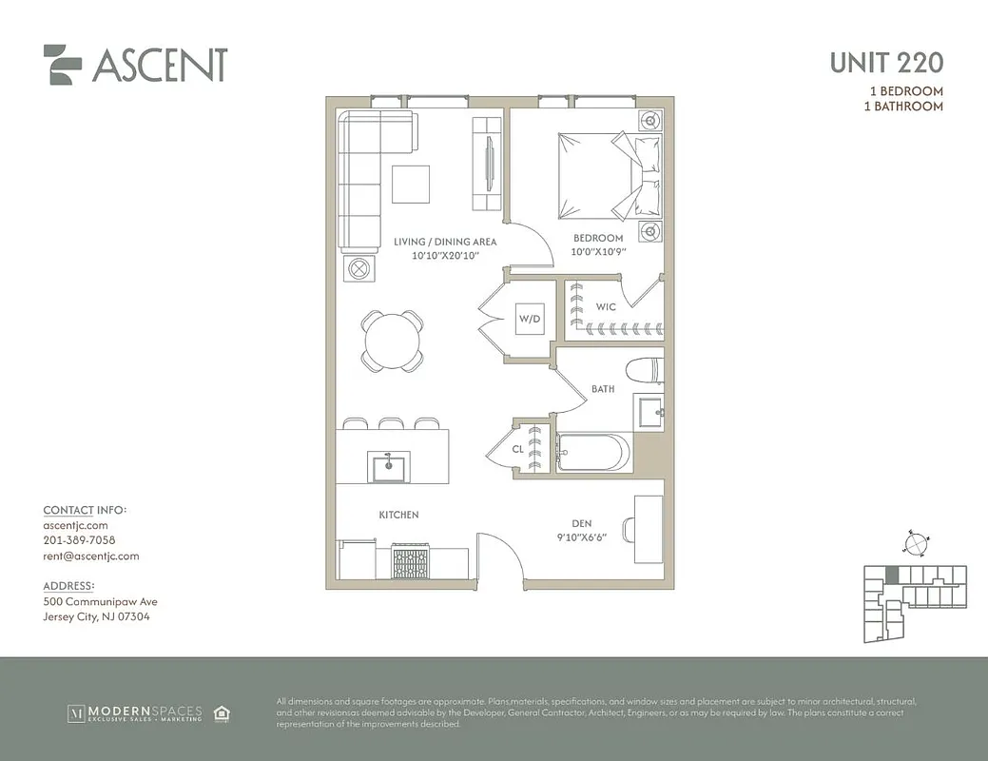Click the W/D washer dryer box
530,321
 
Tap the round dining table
392,339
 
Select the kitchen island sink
387,467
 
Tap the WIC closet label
607,307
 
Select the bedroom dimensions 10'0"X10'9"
597,251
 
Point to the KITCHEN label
398,515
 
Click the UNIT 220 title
885,63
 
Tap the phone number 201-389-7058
79,540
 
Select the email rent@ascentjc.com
91,556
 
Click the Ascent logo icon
63,64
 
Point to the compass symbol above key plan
914,543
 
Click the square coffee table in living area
411,183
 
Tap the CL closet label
517,449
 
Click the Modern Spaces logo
133,712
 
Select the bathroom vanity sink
651,412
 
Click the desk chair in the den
629,529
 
